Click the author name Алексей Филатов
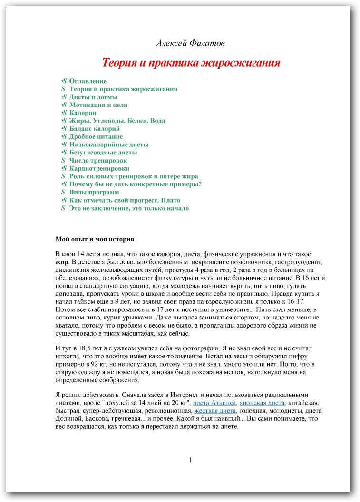click(190, 43)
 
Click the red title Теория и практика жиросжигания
click(191, 63)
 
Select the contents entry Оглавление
click(88, 81)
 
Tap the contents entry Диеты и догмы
click(93, 97)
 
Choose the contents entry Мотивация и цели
click(98, 105)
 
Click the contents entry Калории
click(83, 113)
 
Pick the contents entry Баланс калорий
click(94, 129)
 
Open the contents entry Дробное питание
click(96, 137)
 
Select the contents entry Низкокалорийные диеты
click(109, 145)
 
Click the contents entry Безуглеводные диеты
click(103, 153)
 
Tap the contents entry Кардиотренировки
click(99, 168)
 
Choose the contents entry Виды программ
click(94, 192)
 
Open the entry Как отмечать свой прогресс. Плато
click(125, 200)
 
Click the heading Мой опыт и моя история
click(95, 239)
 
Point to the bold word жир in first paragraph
click(62, 262)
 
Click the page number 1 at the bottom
click(190, 460)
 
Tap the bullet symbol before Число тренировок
click(63, 161)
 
